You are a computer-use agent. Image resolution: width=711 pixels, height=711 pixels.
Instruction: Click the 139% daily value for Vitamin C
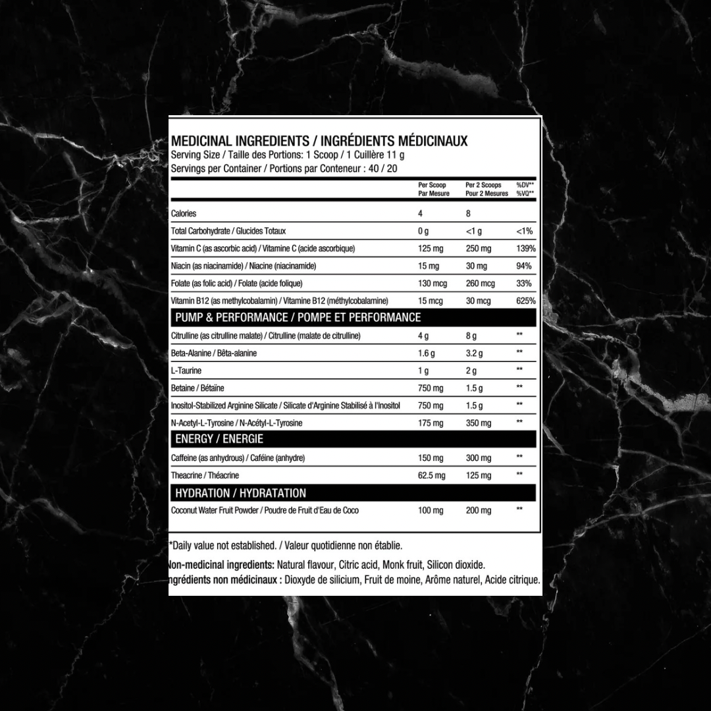coord(526,249)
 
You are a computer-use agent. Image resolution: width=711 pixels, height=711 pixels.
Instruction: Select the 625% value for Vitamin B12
coord(526,301)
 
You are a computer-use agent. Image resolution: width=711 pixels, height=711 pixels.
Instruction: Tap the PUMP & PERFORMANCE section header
coord(298,317)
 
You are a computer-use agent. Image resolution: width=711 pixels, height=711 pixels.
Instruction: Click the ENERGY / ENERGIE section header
coord(219,439)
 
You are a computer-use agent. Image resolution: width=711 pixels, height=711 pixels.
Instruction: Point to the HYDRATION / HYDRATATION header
coord(240,493)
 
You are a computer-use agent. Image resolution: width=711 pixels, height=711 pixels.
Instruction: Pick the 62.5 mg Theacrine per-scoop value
coord(431,475)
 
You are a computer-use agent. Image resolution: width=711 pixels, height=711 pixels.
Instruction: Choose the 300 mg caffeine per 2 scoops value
coord(478,458)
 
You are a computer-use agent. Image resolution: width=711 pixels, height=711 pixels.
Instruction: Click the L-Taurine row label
coord(186,371)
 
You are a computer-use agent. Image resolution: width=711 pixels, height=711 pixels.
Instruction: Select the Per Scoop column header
coord(433,190)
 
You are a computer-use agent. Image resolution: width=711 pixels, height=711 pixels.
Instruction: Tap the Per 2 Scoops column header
coord(487,190)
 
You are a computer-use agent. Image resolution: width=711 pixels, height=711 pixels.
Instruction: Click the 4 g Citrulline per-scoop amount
coord(423,336)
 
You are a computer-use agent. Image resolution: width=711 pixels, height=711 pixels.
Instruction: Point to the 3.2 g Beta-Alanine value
coord(474,354)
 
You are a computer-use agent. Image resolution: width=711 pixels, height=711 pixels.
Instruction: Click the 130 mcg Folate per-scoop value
coord(433,284)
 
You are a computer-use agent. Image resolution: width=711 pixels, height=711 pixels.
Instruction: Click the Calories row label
coord(184,213)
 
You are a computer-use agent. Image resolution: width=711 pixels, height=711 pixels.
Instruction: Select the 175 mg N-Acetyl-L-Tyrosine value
coord(431,423)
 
